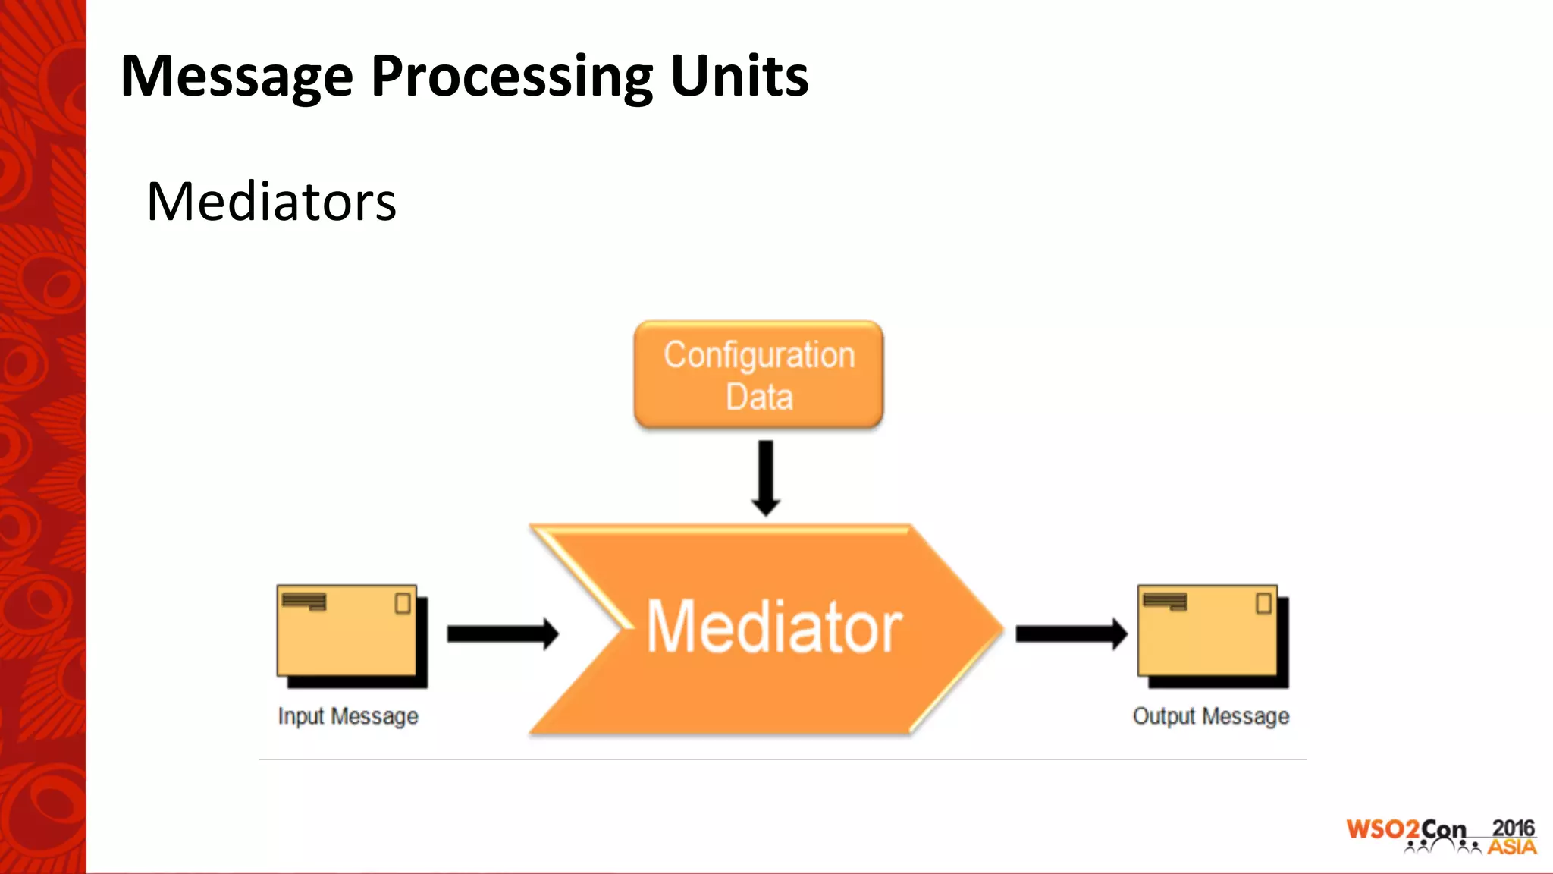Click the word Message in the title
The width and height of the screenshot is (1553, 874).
point(237,77)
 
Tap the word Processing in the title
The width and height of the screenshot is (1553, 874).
point(512,77)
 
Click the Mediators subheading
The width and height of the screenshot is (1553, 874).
point(271,202)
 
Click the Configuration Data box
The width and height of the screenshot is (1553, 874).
point(758,375)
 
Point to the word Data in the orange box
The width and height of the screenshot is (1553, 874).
point(759,397)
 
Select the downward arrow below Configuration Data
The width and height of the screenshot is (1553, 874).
point(766,478)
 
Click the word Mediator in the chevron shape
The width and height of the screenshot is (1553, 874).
point(773,627)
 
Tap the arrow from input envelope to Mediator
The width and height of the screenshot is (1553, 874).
point(502,633)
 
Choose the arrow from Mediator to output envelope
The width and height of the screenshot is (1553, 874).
point(1071,633)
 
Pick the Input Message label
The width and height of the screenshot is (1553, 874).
point(348,716)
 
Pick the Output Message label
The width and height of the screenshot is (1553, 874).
point(1211,716)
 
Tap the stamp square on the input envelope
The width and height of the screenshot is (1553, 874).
point(403,604)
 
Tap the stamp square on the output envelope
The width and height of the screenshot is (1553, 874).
point(1263,604)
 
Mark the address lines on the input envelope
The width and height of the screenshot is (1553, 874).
point(304,602)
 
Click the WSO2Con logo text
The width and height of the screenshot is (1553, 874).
point(1405,829)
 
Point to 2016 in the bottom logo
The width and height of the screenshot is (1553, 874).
point(1513,828)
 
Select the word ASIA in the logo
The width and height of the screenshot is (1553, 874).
point(1511,847)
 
